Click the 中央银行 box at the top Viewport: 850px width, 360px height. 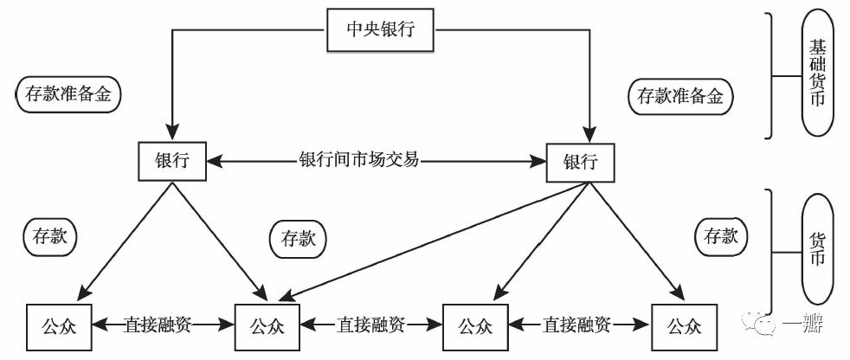point(380,31)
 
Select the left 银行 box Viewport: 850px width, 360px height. point(173,161)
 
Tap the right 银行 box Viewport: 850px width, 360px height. point(581,161)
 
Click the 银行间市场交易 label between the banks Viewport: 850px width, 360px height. point(358,161)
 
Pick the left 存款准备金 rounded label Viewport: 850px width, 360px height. point(68,95)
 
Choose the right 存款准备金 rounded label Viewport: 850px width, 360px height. point(679,95)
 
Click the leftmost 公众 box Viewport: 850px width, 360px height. point(59,325)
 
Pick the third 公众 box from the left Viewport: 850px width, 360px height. point(475,325)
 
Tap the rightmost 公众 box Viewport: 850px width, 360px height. point(685,325)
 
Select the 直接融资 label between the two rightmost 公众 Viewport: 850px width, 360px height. point(579,325)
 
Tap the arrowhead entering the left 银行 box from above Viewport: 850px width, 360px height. point(173,133)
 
